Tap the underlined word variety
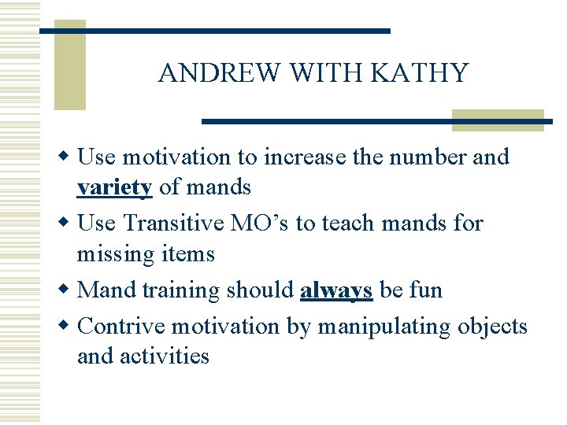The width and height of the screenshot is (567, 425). click(114, 187)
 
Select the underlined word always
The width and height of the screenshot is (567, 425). click(336, 290)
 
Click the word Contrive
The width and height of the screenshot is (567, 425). click(123, 326)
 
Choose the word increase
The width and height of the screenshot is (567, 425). click(299, 157)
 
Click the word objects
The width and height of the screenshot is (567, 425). click(493, 326)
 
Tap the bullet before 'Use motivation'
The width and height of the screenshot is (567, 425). click(69, 157)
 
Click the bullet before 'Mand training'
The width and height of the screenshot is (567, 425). click(69, 290)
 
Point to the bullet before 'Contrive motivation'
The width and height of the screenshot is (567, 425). click(69, 325)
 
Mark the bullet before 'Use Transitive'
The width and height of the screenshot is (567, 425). click(69, 223)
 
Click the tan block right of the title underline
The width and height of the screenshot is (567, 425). click(498, 120)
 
